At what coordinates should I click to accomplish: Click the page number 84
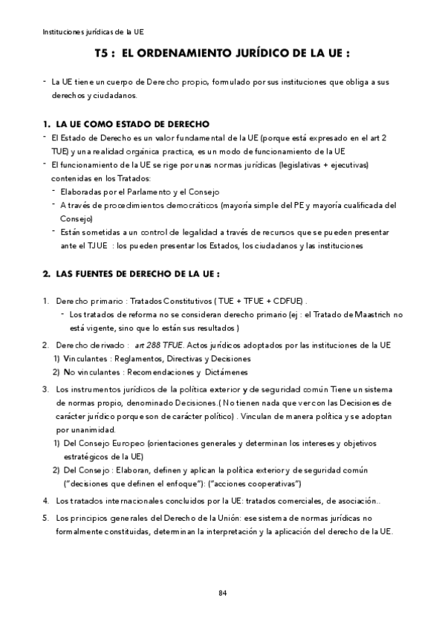point(222,592)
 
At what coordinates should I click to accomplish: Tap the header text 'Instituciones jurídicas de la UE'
point(93,33)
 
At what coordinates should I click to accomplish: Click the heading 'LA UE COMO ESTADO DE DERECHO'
point(132,123)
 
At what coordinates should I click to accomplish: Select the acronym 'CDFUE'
point(287,300)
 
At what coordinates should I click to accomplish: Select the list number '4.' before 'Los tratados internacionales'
point(46,500)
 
